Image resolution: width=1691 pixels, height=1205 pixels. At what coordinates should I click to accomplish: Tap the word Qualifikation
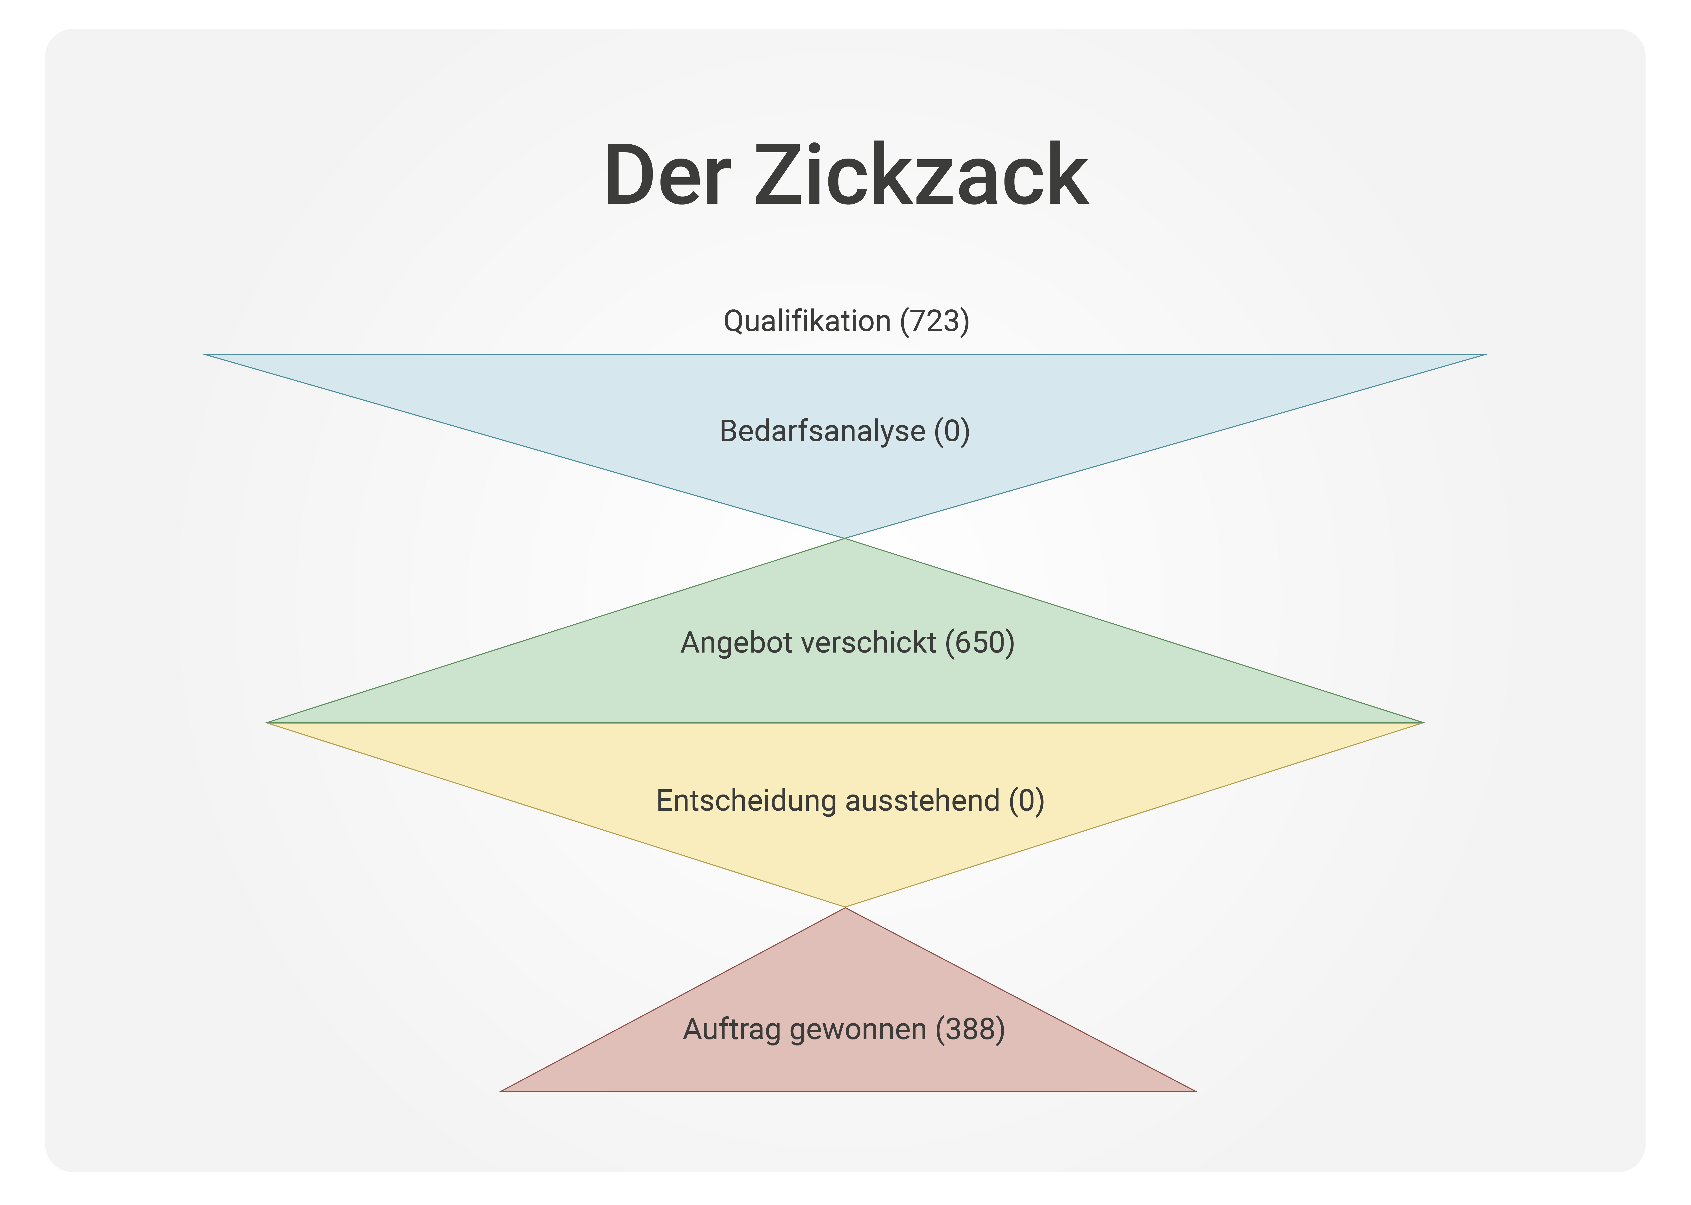pyautogui.click(x=807, y=321)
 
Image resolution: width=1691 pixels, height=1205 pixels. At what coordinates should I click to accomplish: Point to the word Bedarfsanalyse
pyautogui.click(x=822, y=431)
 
